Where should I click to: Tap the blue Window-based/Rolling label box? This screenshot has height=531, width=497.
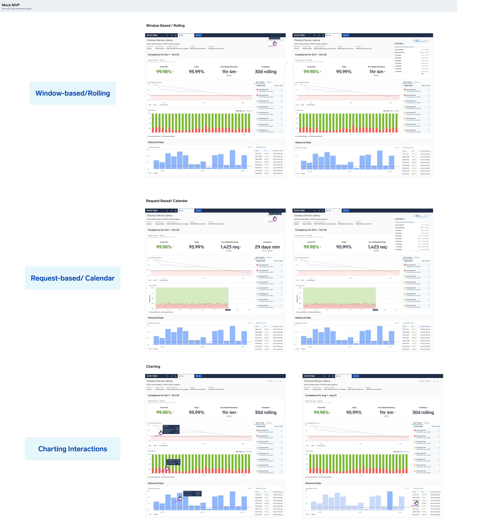(72, 93)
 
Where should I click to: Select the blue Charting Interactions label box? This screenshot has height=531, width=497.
(72, 449)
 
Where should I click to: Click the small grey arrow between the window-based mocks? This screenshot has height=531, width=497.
(287, 63)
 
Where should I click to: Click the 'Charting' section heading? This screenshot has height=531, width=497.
(153, 367)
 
